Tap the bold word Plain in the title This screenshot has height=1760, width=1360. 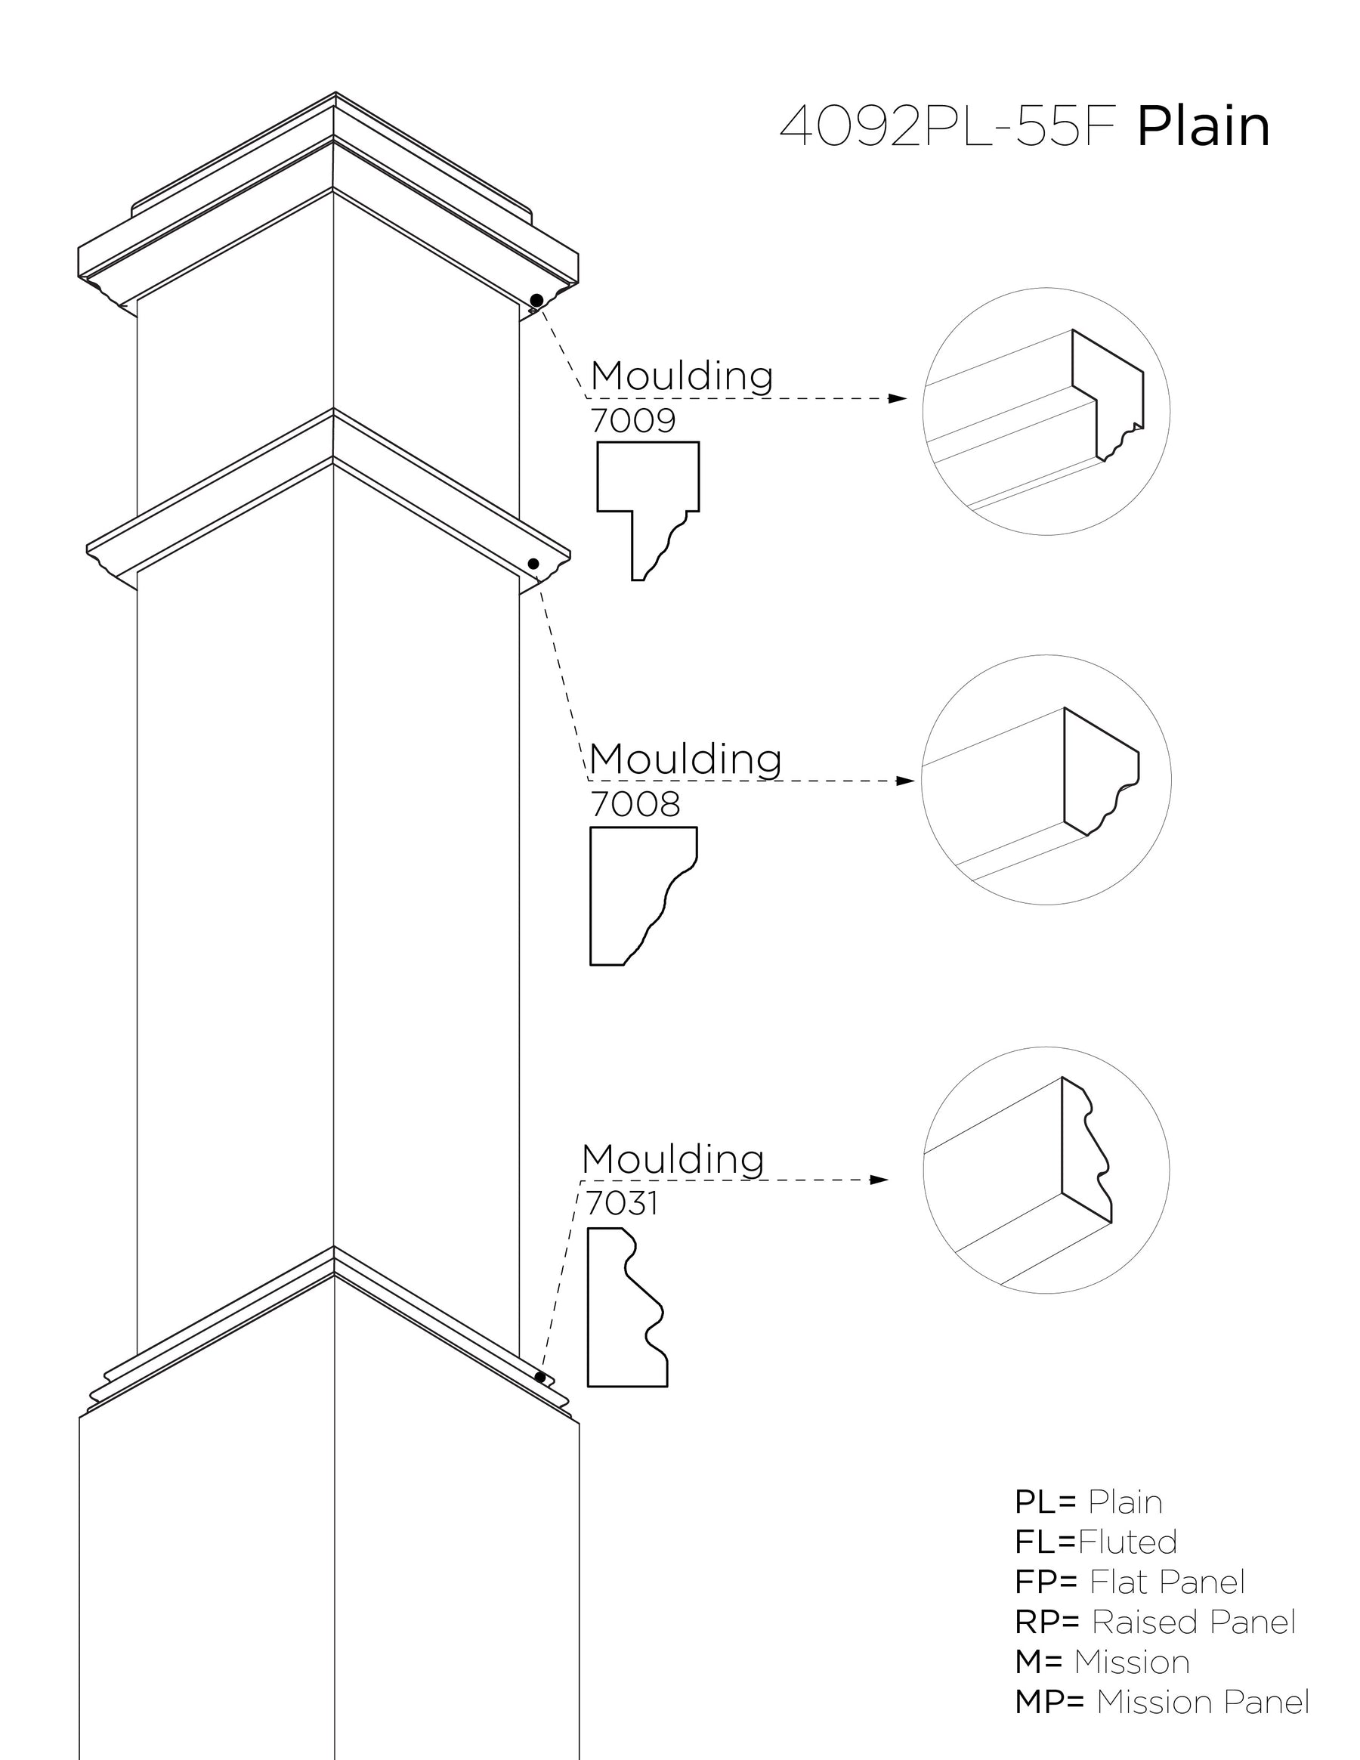pos(1203,127)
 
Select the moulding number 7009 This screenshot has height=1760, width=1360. pos(632,421)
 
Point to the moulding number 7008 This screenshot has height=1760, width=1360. pos(635,804)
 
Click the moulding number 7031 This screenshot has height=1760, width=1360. pos(622,1203)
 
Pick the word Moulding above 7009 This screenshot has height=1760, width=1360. pos(682,376)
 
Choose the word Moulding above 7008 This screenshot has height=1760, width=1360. pos(685,759)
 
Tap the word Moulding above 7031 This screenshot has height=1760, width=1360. pos(672,1160)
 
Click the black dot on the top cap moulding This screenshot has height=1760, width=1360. pos(536,301)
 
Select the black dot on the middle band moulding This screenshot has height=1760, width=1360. pos(533,563)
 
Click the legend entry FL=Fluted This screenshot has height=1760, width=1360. pos(1096,1542)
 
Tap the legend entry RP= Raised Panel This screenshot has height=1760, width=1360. pos(1154,1622)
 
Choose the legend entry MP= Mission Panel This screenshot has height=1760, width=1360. pos(1162,1702)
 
